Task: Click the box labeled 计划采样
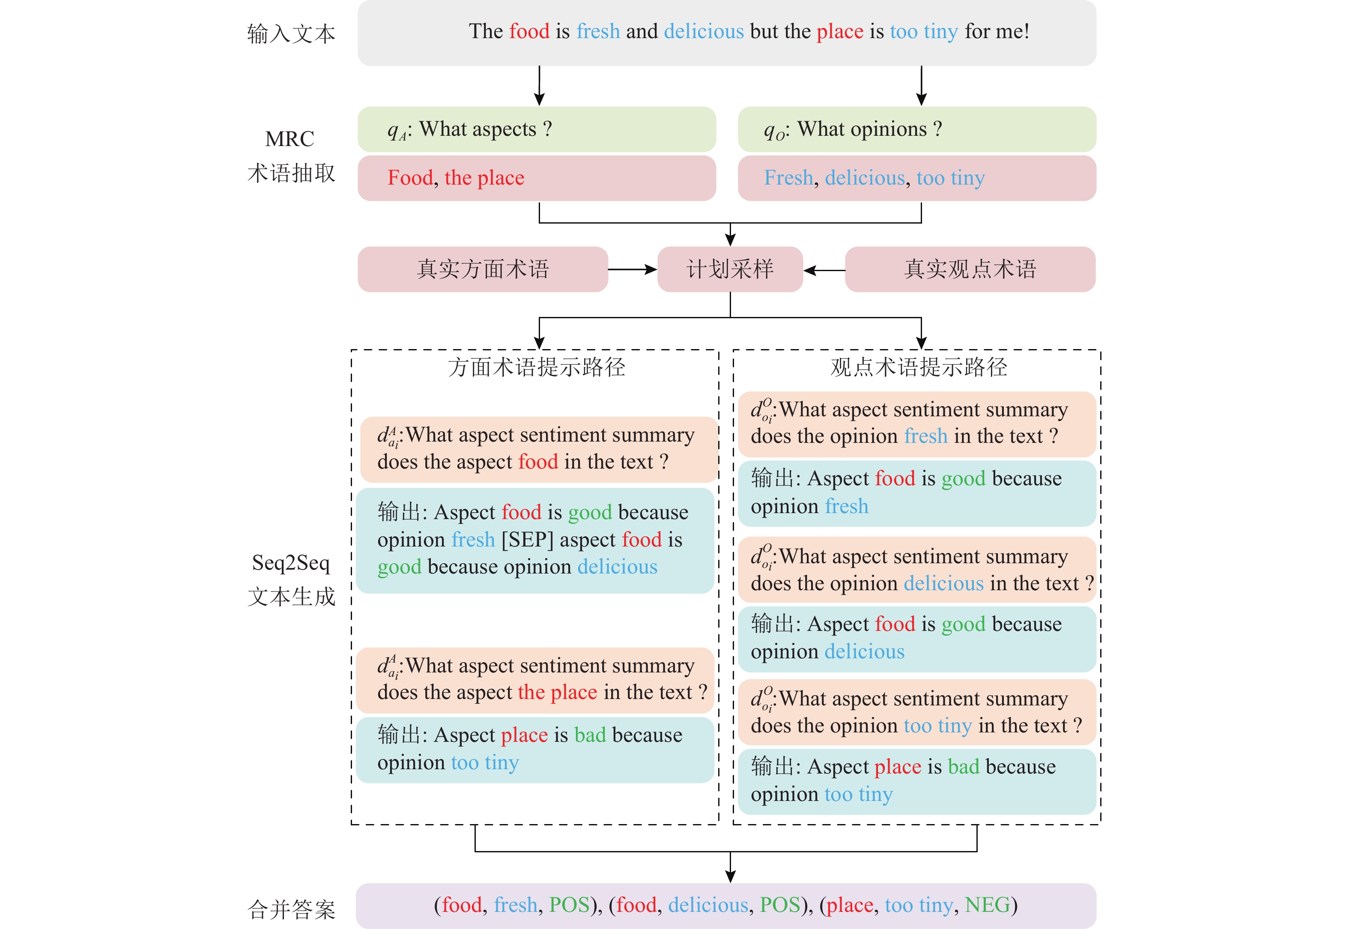(x=730, y=269)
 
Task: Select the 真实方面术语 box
(x=483, y=269)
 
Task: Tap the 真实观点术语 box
(x=970, y=269)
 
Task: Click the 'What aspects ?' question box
(x=537, y=129)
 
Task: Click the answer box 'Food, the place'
(x=537, y=178)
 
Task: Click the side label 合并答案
(x=291, y=908)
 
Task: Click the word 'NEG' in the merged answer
(x=987, y=905)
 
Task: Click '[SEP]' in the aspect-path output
(x=527, y=540)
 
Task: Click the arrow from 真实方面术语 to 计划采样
(x=633, y=269)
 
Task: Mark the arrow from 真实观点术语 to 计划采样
(x=824, y=270)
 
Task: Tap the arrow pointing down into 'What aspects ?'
(x=540, y=86)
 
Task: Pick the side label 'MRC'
(x=290, y=139)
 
